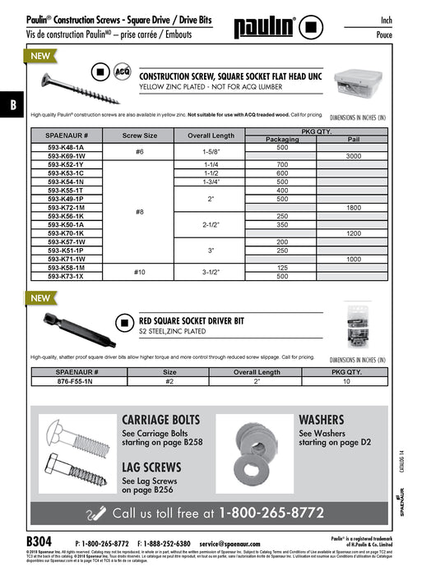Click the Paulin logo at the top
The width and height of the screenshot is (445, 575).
[x=267, y=26]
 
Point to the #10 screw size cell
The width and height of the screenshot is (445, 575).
[x=139, y=273]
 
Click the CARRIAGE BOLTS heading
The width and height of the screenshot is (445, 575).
[x=161, y=420]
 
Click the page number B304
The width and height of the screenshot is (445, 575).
[x=39, y=543]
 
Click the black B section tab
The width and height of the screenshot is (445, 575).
[x=12, y=104]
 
